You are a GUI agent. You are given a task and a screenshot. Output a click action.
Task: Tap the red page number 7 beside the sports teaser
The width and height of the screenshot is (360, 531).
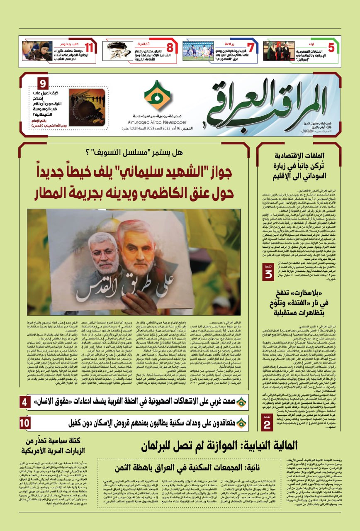click(x=250, y=47)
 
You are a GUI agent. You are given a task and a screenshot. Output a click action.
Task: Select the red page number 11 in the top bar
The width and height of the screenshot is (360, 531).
click(x=89, y=47)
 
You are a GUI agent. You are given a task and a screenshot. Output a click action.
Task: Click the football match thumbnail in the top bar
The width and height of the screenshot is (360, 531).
click(x=198, y=51)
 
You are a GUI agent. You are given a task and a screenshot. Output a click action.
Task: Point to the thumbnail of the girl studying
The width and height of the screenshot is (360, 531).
click(x=37, y=51)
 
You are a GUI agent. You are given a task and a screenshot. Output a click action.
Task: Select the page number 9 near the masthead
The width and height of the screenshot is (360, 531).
click(x=44, y=83)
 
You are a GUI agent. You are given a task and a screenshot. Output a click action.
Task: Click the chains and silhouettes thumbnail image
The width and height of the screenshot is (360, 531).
click(x=87, y=107)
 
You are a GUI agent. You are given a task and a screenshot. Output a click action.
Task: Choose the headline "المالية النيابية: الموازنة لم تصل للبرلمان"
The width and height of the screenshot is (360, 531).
click(x=219, y=446)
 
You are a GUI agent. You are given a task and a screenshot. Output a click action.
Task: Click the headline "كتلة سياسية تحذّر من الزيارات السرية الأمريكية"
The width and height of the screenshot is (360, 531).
click(x=56, y=446)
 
